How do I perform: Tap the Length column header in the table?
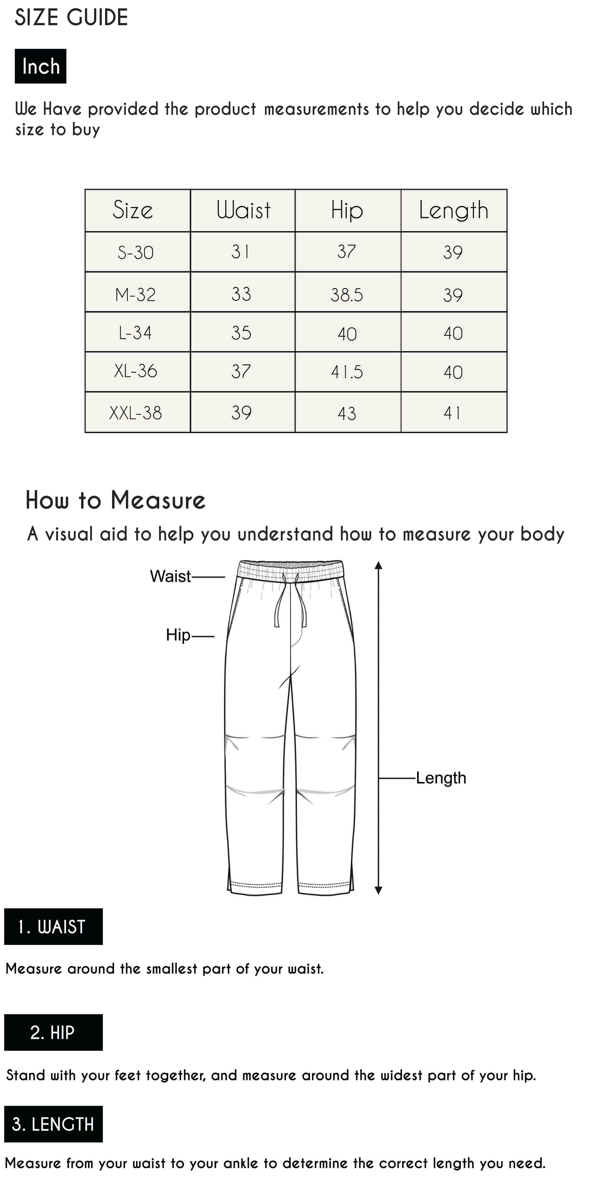click(x=454, y=210)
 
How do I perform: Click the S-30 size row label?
click(x=136, y=252)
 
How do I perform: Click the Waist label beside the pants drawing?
click(x=170, y=576)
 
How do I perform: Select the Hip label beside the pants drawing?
click(x=178, y=635)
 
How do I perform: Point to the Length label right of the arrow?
click(x=441, y=778)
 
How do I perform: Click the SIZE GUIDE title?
click(x=72, y=18)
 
